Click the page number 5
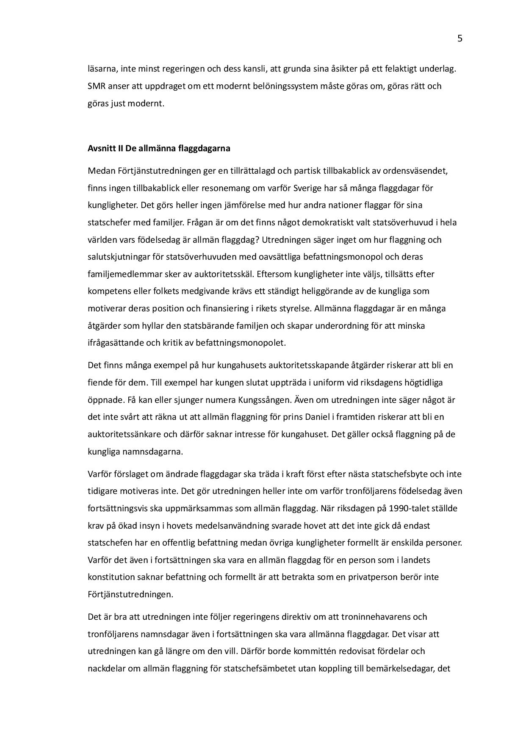tap(460, 39)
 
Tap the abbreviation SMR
tap(97, 86)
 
